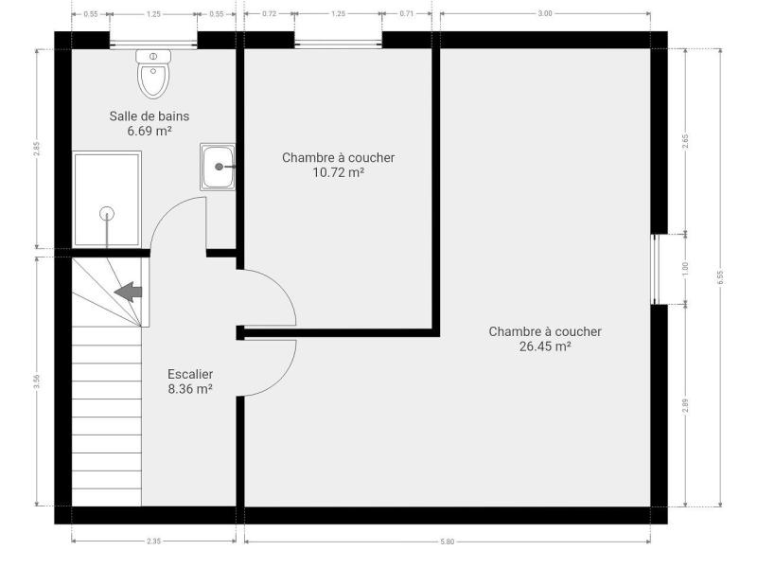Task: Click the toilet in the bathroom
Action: (x=153, y=74)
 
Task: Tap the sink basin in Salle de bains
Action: (x=218, y=167)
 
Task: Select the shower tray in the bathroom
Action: (x=107, y=199)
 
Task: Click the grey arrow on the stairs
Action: (x=128, y=292)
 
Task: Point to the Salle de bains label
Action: (x=150, y=116)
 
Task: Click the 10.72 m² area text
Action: (x=338, y=172)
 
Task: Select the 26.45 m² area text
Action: (x=545, y=346)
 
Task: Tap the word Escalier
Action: (x=190, y=374)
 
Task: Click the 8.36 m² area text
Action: (x=190, y=389)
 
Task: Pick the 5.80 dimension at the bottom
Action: (x=447, y=541)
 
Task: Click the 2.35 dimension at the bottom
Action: (x=153, y=541)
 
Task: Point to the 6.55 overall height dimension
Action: (x=720, y=277)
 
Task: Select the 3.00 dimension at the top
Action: (x=545, y=13)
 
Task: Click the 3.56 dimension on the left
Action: (x=37, y=382)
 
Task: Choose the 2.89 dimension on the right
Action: (x=685, y=406)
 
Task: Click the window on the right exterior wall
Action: (x=655, y=270)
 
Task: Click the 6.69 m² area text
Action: (x=150, y=131)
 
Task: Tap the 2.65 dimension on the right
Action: (x=685, y=141)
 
